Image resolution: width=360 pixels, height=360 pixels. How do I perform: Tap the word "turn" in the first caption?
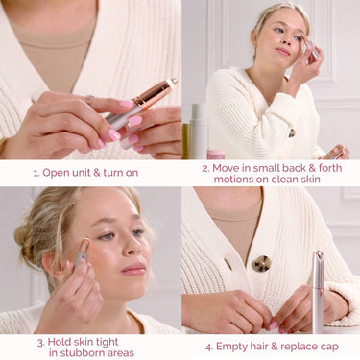point(107,173)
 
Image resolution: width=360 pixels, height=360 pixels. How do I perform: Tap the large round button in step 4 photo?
point(261,263)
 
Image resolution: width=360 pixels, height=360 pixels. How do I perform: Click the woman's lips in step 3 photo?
point(134,270)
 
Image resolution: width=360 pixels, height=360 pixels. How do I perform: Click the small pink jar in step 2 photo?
point(216,153)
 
